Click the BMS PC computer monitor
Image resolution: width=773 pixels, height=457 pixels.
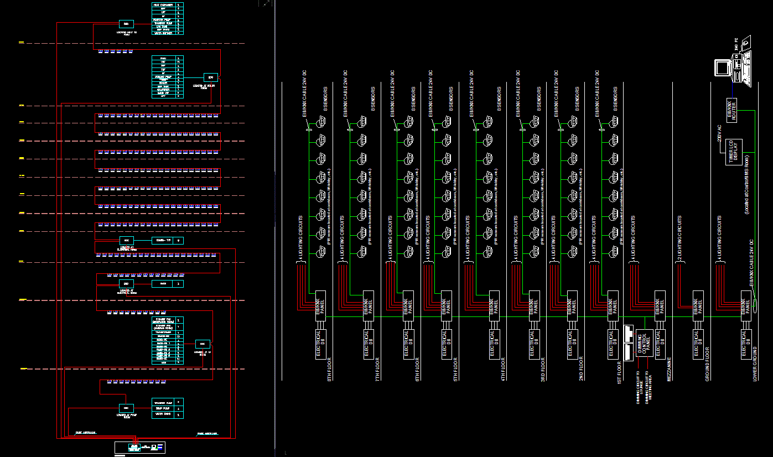(x=723, y=67)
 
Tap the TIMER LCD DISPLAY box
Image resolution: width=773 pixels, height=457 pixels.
(x=733, y=152)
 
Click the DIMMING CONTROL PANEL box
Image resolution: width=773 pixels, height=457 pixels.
(x=644, y=344)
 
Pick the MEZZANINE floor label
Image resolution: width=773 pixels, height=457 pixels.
(x=669, y=369)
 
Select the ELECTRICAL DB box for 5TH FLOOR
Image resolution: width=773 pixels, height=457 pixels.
(x=446, y=344)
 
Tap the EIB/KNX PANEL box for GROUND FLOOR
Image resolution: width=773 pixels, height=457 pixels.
(x=698, y=304)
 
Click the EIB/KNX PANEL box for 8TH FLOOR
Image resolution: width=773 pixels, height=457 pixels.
(x=320, y=304)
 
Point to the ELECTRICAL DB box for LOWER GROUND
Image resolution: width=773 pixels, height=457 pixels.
(x=746, y=344)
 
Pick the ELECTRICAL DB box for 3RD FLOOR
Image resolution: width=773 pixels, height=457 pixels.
(x=533, y=344)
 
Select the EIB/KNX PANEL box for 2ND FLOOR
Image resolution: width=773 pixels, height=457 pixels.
(x=573, y=304)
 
